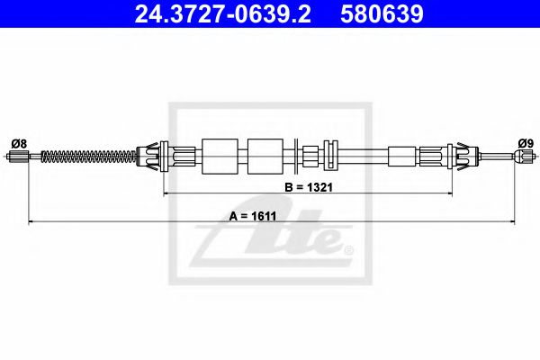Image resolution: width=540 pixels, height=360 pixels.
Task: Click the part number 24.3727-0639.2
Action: [x=223, y=13]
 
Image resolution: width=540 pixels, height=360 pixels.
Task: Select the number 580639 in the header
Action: [x=382, y=13]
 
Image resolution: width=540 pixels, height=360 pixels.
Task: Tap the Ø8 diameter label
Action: [x=19, y=143]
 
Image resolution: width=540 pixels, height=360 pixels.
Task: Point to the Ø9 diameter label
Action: [x=526, y=143]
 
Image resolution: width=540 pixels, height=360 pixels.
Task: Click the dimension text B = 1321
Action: [x=309, y=187]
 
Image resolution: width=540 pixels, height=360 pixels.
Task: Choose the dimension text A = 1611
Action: [x=253, y=216]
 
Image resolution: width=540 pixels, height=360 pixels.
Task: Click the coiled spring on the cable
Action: [x=89, y=157]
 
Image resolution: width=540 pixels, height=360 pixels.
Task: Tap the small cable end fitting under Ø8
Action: [x=19, y=157]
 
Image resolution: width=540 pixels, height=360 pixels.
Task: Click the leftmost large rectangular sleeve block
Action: [x=220, y=156]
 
